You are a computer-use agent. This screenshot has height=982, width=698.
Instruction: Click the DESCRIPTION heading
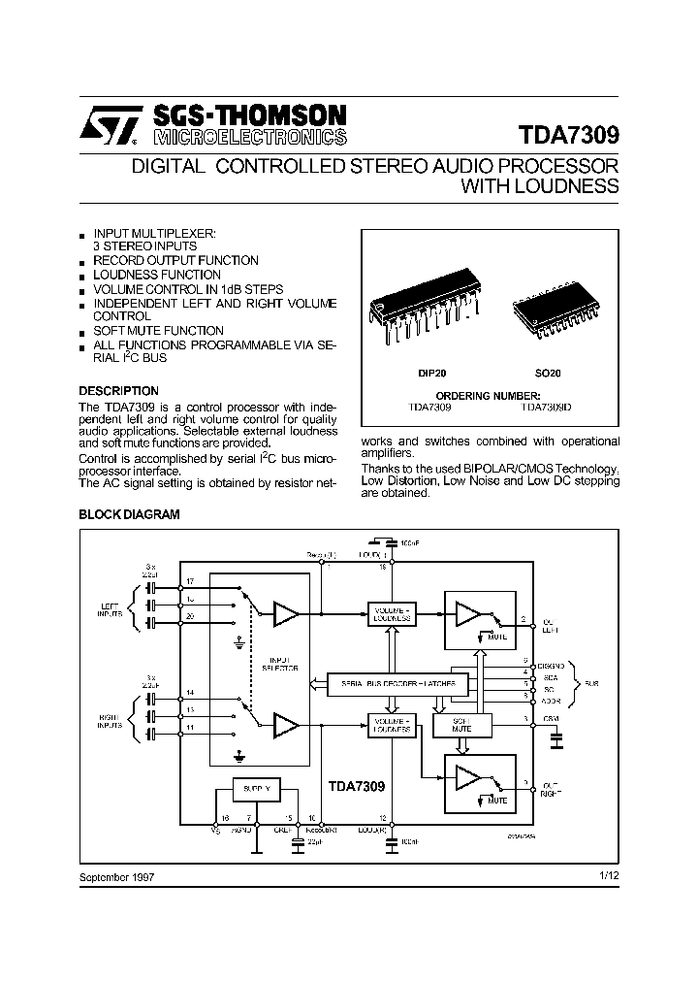click(117, 391)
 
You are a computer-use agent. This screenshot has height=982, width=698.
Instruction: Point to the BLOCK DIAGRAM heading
click(129, 515)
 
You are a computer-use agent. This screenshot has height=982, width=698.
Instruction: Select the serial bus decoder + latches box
click(397, 684)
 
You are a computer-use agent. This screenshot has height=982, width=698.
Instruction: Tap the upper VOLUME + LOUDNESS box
click(391, 614)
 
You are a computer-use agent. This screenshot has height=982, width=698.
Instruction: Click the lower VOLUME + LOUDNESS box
click(391, 724)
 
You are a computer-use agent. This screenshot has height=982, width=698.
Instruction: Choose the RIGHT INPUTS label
click(110, 721)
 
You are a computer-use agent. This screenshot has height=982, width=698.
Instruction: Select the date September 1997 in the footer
click(116, 876)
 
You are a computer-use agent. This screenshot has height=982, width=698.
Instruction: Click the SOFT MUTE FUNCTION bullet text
click(158, 331)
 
